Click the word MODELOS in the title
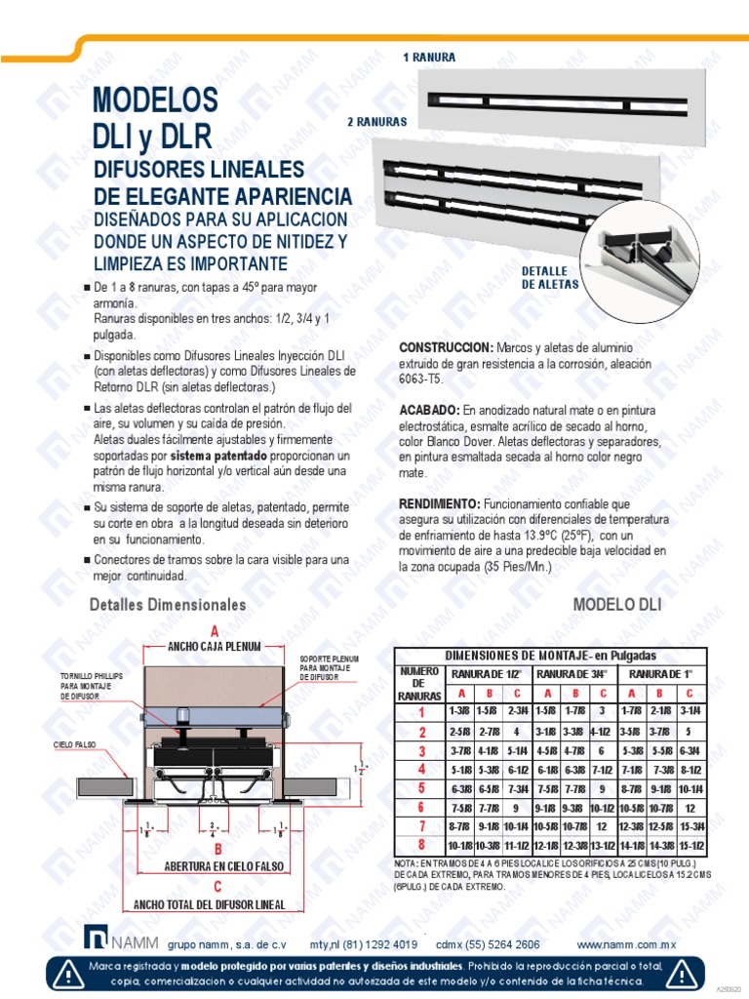coord(154,100)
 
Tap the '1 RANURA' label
coord(429,58)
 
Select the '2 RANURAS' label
coord(376,123)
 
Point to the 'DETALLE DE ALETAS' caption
coord(550,278)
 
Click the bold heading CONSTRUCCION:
coord(446,348)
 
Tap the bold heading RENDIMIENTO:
coord(440,503)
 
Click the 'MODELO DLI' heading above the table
coord(617,605)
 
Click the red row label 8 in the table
coord(421,845)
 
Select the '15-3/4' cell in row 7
coord(691,826)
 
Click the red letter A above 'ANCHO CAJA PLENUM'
coord(215,630)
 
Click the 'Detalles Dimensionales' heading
coord(168,605)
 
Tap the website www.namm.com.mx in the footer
coord(626,944)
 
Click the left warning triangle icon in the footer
coord(69,973)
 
